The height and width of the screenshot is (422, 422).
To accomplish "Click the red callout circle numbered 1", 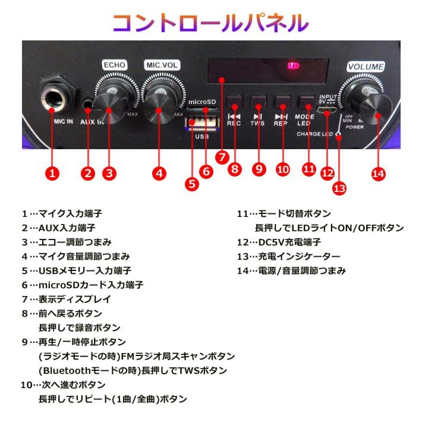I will (53, 174).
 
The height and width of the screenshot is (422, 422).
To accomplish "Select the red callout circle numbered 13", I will (339, 188).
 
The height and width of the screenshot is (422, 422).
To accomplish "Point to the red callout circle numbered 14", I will (378, 174).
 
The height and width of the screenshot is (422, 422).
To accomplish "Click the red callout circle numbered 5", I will (192, 184).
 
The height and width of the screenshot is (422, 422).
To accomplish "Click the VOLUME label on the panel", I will (366, 67).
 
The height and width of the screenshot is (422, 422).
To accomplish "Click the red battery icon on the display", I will (291, 66).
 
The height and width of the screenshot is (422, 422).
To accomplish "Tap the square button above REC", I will (235, 100).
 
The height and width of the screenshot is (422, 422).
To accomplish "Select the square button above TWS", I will (257, 100).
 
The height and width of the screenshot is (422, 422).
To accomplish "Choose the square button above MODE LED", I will (305, 100).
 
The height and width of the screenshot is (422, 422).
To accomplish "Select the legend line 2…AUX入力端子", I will (58, 228).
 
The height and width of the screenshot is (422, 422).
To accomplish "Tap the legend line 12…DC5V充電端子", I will (279, 242).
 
